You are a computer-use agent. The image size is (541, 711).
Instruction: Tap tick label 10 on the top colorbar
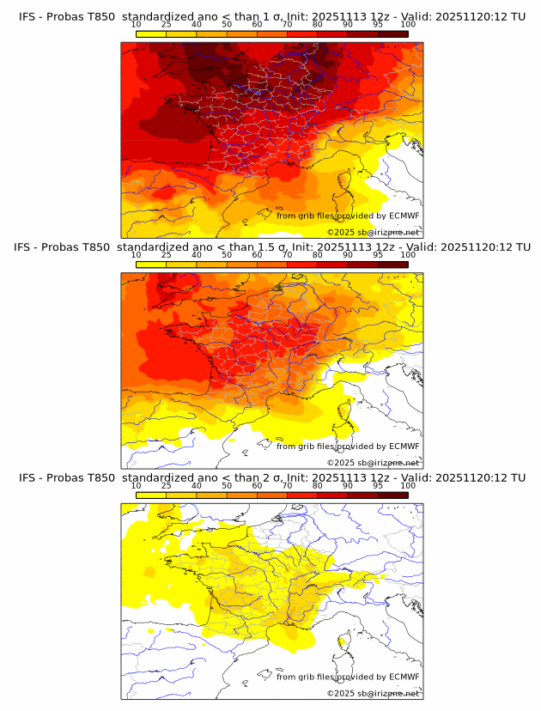137,24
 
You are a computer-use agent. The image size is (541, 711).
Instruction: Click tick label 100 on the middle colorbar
408,255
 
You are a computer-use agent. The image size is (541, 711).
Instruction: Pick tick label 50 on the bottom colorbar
227,485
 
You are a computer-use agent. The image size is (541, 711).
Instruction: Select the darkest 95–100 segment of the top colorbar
392,33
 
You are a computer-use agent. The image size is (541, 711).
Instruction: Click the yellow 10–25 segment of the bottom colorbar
151,495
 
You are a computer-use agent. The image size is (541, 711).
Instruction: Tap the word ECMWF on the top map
404,216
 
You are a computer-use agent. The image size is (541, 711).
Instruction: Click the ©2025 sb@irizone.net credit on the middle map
374,463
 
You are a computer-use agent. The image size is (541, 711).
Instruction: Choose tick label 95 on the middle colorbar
378,255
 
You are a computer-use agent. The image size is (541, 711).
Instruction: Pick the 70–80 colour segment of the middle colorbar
302,264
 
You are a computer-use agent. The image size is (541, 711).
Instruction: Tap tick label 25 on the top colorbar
167,24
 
